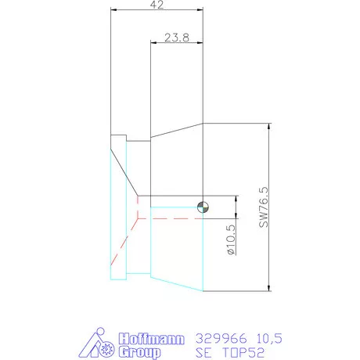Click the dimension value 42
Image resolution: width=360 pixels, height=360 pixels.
tap(158, 5)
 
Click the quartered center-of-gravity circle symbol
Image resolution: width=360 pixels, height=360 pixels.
tap(203, 207)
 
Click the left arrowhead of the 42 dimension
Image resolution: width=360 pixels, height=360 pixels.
tap(114, 10)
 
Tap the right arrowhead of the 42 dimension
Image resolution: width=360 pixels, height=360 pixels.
tap(200, 10)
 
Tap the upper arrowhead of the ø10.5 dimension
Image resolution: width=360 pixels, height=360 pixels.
tap(235, 198)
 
